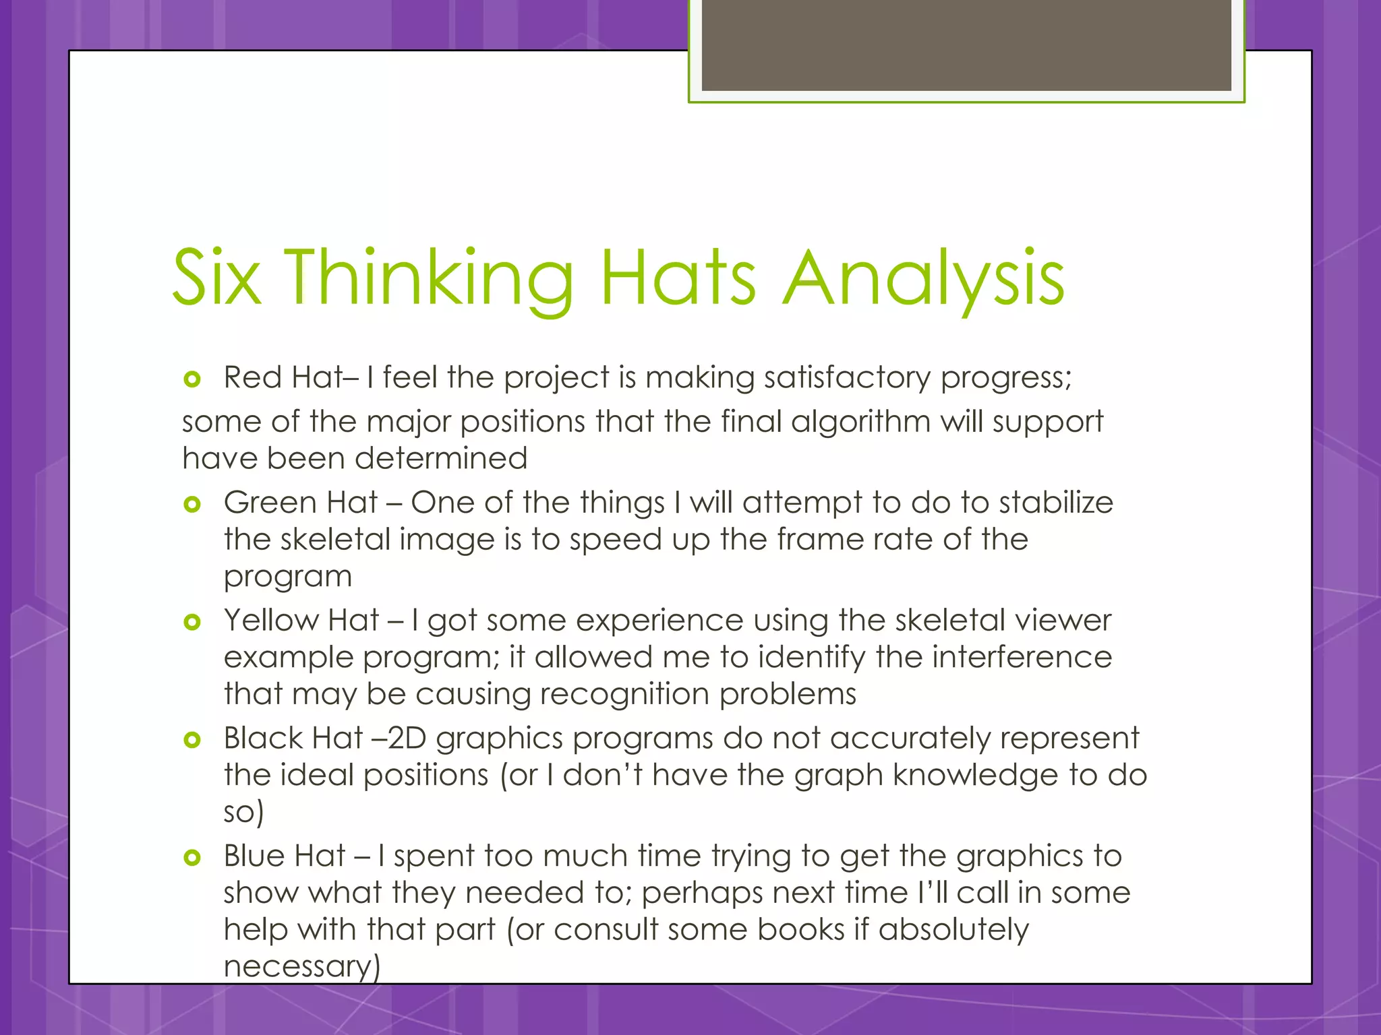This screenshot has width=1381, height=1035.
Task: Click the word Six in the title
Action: coord(216,277)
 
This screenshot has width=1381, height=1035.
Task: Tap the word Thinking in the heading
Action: coord(429,278)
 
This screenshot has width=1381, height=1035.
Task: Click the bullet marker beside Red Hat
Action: coord(192,379)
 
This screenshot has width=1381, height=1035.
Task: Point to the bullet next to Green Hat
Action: coord(192,504)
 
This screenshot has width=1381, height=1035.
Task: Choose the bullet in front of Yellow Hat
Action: coord(192,622)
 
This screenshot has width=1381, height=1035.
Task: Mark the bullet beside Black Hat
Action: coord(192,741)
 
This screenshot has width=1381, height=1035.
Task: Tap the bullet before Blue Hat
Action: coord(192,858)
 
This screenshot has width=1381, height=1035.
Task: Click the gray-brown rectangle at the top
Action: coord(966,44)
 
